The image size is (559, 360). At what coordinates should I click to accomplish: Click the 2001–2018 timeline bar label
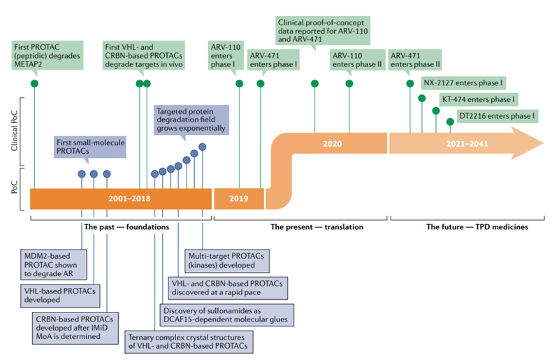tap(130, 199)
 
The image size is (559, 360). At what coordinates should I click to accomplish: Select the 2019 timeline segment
tap(234, 199)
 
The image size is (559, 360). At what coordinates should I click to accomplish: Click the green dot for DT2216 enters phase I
tap(450, 122)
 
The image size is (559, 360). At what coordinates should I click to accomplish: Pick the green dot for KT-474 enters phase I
tap(436, 110)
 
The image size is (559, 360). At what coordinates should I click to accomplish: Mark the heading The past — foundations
tap(126, 227)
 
